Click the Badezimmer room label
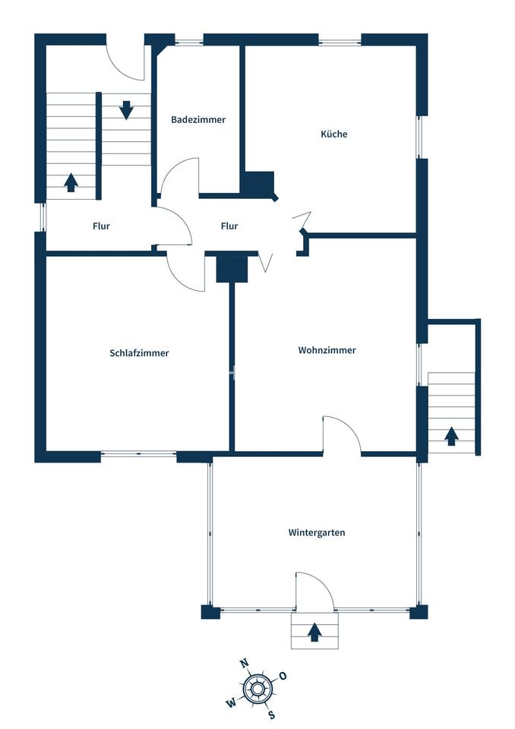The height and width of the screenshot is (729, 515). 198,119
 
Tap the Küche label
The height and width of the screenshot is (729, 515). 334,134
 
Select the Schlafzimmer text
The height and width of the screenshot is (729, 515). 139,353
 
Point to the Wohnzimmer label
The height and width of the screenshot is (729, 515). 327,350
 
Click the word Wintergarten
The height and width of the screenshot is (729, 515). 317,532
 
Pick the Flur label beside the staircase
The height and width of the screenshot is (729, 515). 102,226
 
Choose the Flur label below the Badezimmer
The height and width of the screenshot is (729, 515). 229,226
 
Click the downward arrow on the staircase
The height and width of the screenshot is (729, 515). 127,110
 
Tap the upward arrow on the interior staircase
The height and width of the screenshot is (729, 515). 71,182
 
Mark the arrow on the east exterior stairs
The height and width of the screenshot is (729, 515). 450,437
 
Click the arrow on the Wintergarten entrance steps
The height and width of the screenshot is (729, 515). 315,632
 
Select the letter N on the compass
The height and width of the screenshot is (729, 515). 244,664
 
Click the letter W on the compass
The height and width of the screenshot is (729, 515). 231,703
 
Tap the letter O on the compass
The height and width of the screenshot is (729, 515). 283,676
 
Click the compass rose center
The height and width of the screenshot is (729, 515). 257,690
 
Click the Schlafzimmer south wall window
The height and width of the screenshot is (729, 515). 139,453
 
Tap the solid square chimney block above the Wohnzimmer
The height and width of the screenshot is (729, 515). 232,269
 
